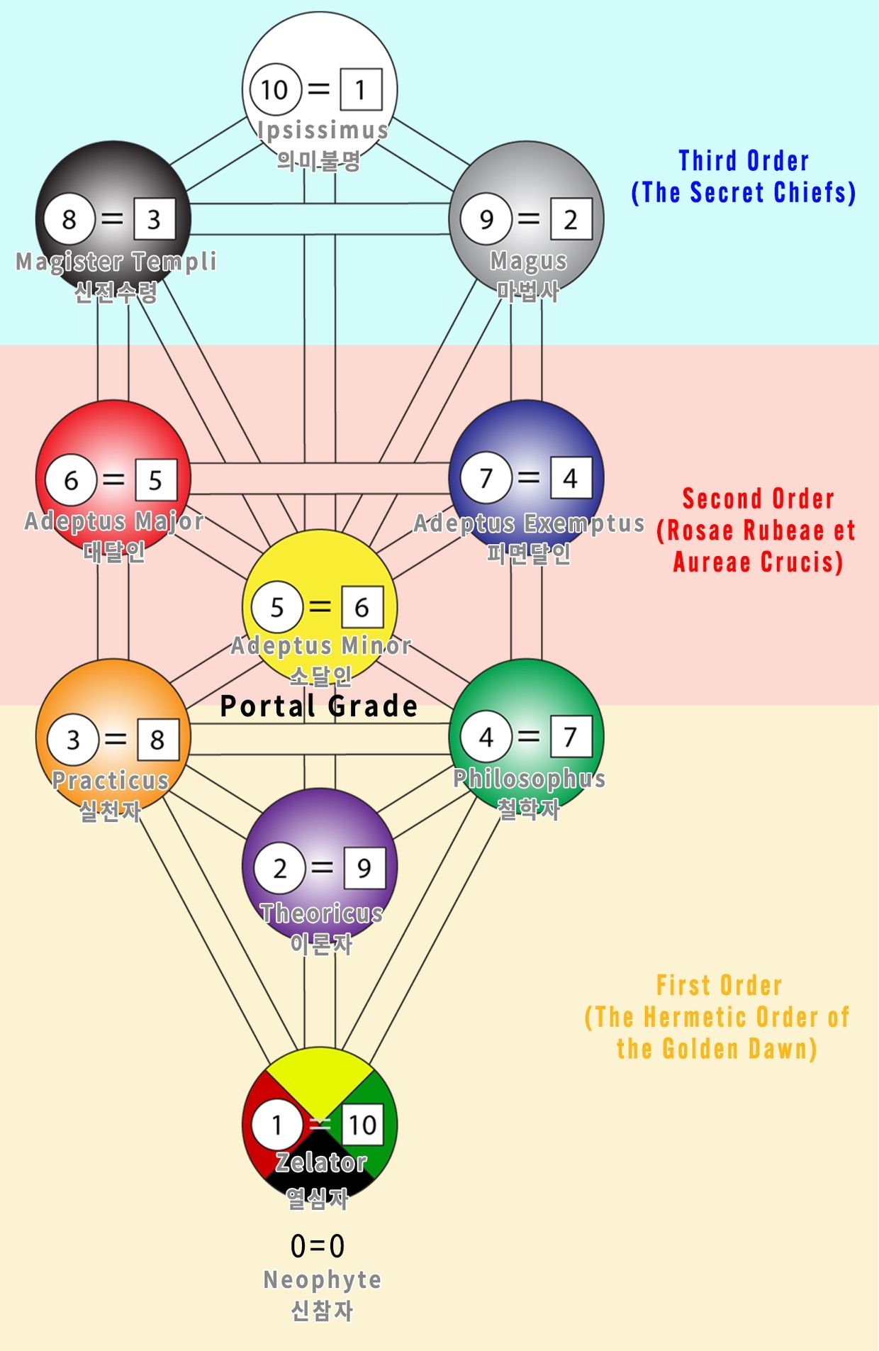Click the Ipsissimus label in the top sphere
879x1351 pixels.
(323, 130)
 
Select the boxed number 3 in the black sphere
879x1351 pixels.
(154, 220)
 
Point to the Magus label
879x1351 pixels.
(528, 261)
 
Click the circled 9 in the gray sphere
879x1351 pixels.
(486, 219)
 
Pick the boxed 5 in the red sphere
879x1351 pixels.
(155, 480)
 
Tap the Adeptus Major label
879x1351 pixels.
(114, 521)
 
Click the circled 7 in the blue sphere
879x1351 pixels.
(486, 478)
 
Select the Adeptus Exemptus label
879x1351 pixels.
(529, 523)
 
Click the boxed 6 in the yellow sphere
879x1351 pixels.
(362, 607)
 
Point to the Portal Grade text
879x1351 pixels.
(319, 706)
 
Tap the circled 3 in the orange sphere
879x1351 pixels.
(73, 740)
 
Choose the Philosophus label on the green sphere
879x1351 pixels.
(529, 779)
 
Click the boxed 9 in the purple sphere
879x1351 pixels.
(364, 867)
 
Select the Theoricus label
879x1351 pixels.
(321, 913)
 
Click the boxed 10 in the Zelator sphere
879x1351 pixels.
(362, 1124)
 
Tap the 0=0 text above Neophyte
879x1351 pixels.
(318, 1246)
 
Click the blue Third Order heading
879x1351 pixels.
(744, 162)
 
